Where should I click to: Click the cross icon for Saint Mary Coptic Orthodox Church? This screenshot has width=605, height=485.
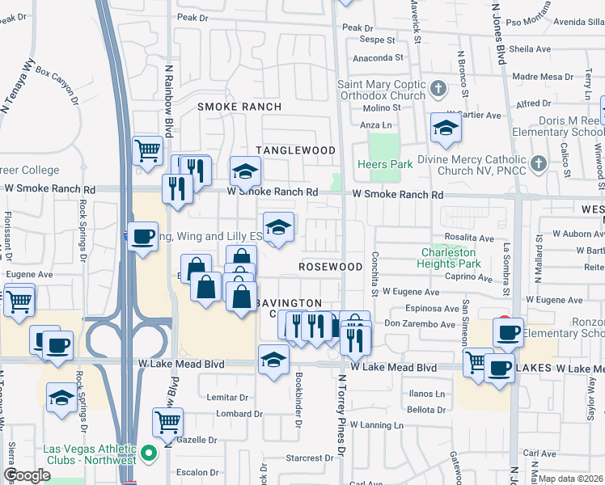[438, 87]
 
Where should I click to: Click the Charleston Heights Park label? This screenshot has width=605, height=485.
[450, 257]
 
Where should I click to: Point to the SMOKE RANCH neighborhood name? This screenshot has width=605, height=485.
[240, 107]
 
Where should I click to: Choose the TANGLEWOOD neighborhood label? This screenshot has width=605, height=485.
[295, 150]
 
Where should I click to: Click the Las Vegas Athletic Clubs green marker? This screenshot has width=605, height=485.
[148, 454]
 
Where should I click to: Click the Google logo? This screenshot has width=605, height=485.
[27, 475]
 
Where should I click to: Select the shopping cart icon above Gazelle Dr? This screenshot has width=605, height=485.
[167, 420]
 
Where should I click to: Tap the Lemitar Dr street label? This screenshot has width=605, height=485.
[226, 398]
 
